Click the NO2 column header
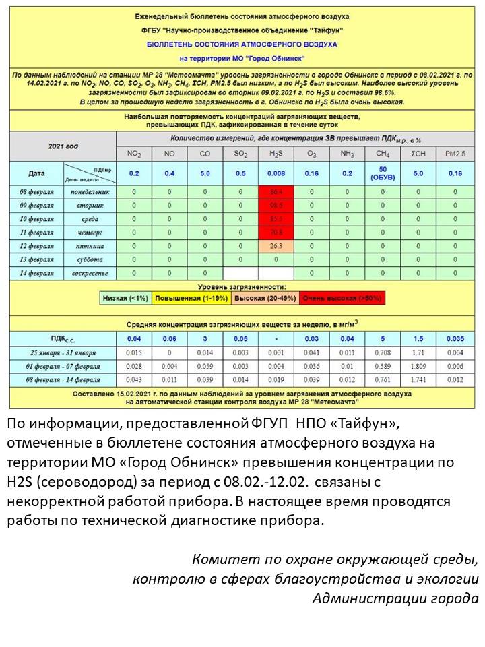tap(134, 154)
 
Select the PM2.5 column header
tap(455, 154)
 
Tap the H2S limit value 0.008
tap(276, 173)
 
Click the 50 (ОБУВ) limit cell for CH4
tap(383, 173)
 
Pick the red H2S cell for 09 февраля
tap(276, 206)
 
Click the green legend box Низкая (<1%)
tap(126, 297)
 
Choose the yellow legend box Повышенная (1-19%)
tap(190, 297)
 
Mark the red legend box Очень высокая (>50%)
tap(342, 297)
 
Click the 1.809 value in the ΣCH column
tap(418, 366)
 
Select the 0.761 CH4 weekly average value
tap(383, 380)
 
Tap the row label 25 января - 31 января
tap(63, 352)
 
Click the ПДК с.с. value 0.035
tap(455, 338)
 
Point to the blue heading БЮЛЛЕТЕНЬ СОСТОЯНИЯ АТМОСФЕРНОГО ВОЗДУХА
tap(243, 44)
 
